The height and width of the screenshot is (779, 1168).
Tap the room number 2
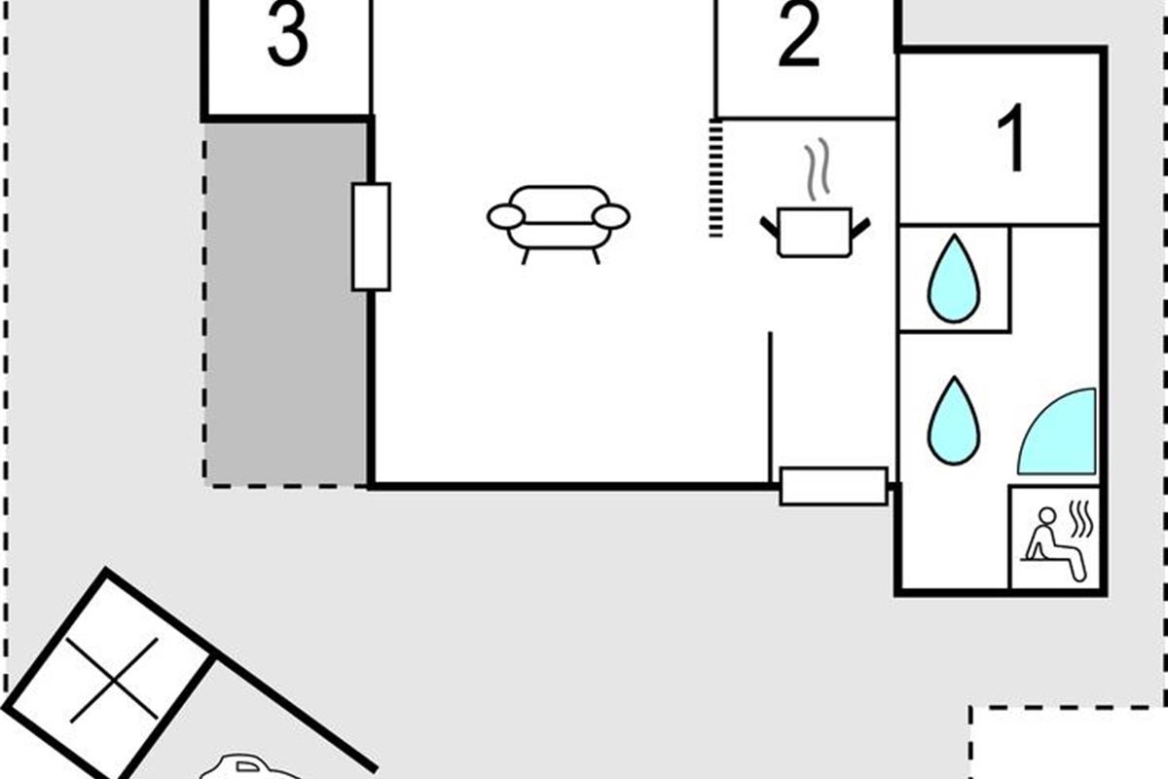click(799, 34)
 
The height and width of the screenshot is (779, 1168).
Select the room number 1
click(1011, 137)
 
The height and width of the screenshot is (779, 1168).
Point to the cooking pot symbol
click(815, 232)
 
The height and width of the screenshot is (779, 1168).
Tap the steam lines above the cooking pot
click(817, 169)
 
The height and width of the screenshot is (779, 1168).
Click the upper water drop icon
click(954, 278)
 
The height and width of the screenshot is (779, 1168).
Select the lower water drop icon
click(954, 421)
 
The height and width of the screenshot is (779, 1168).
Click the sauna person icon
click(1055, 544)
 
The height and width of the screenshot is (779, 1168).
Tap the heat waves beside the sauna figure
click(1081, 519)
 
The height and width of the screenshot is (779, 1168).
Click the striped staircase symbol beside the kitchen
click(716, 178)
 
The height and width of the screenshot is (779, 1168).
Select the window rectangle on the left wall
click(371, 237)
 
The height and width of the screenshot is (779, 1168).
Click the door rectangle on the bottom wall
click(833, 486)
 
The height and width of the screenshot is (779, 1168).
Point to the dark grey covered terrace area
click(286, 304)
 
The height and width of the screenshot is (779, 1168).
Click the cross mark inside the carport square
click(113, 680)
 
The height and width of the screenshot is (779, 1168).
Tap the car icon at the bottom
click(250, 766)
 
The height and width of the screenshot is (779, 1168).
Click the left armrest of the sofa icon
click(506, 216)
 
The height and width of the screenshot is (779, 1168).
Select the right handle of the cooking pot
click(860, 228)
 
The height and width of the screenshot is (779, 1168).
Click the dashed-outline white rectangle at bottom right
click(1069, 743)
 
